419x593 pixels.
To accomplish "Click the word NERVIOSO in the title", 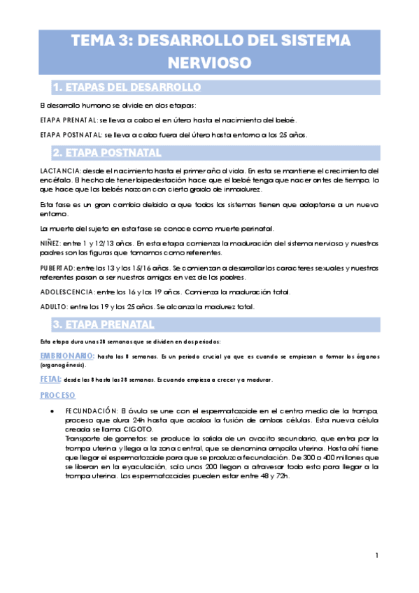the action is point(209,63).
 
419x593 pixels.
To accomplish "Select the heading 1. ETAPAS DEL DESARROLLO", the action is point(127,87).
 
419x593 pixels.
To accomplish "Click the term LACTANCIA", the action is point(61,171).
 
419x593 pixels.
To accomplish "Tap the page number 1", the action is point(376,556).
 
